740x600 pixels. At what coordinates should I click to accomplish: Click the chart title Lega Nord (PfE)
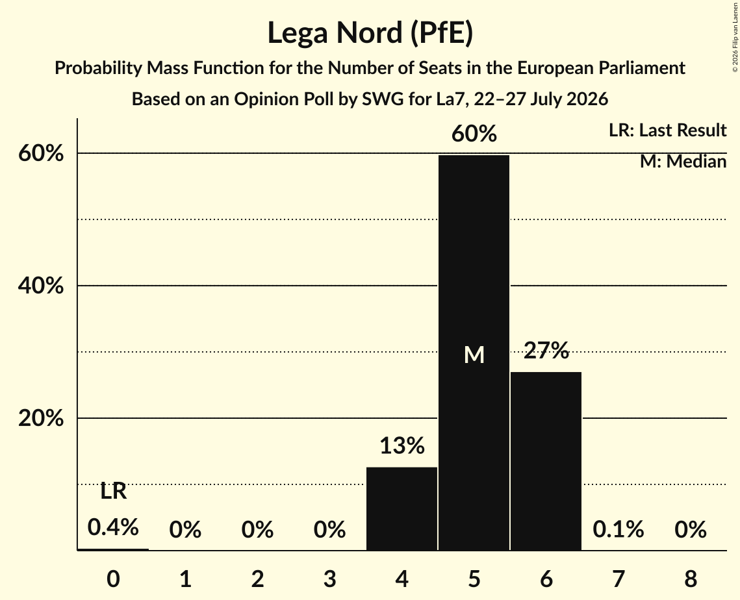pyautogui.click(x=370, y=34)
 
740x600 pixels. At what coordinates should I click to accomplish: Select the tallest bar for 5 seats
pyautogui.click(x=474, y=353)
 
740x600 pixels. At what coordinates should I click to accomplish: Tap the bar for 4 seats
pyautogui.click(x=402, y=508)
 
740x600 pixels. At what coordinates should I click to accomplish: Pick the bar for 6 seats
pyautogui.click(x=546, y=461)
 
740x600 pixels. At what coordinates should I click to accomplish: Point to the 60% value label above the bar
pyautogui.click(x=474, y=134)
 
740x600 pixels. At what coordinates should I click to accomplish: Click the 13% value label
pyautogui.click(x=402, y=445)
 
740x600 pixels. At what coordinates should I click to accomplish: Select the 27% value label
pyautogui.click(x=546, y=350)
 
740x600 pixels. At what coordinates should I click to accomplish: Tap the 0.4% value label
pyautogui.click(x=113, y=527)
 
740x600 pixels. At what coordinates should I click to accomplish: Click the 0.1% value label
pyautogui.click(x=619, y=529)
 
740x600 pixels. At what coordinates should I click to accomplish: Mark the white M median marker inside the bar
pyautogui.click(x=474, y=355)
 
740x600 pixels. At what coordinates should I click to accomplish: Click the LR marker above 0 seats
pyautogui.click(x=113, y=491)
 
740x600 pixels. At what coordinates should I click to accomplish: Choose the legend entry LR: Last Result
pyautogui.click(x=667, y=130)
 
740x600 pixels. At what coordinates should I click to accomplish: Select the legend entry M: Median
pyautogui.click(x=683, y=161)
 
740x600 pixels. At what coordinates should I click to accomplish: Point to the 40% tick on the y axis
pyautogui.click(x=40, y=285)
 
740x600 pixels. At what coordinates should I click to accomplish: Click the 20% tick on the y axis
pyautogui.click(x=40, y=418)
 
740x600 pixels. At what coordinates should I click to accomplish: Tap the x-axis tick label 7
pyautogui.click(x=619, y=579)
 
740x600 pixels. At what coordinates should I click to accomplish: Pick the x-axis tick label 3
pyautogui.click(x=329, y=579)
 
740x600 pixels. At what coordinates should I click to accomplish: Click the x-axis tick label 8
pyautogui.click(x=691, y=579)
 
